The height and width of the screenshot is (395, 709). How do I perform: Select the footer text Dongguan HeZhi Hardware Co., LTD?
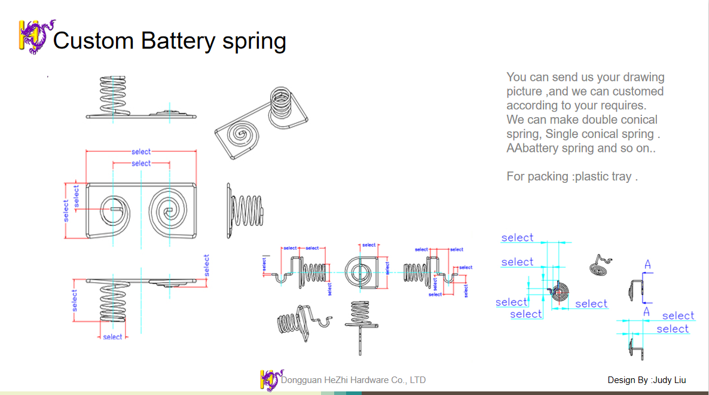point(353,380)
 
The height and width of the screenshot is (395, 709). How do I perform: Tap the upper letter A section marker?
point(647,265)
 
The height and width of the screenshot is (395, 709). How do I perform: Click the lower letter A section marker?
point(646,312)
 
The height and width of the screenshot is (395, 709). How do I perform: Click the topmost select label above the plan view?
point(141,152)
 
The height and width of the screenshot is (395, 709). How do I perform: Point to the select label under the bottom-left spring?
point(112,337)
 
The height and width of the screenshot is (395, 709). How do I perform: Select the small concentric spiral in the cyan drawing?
point(560,292)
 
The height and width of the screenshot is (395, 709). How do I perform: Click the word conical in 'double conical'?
point(632,120)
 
